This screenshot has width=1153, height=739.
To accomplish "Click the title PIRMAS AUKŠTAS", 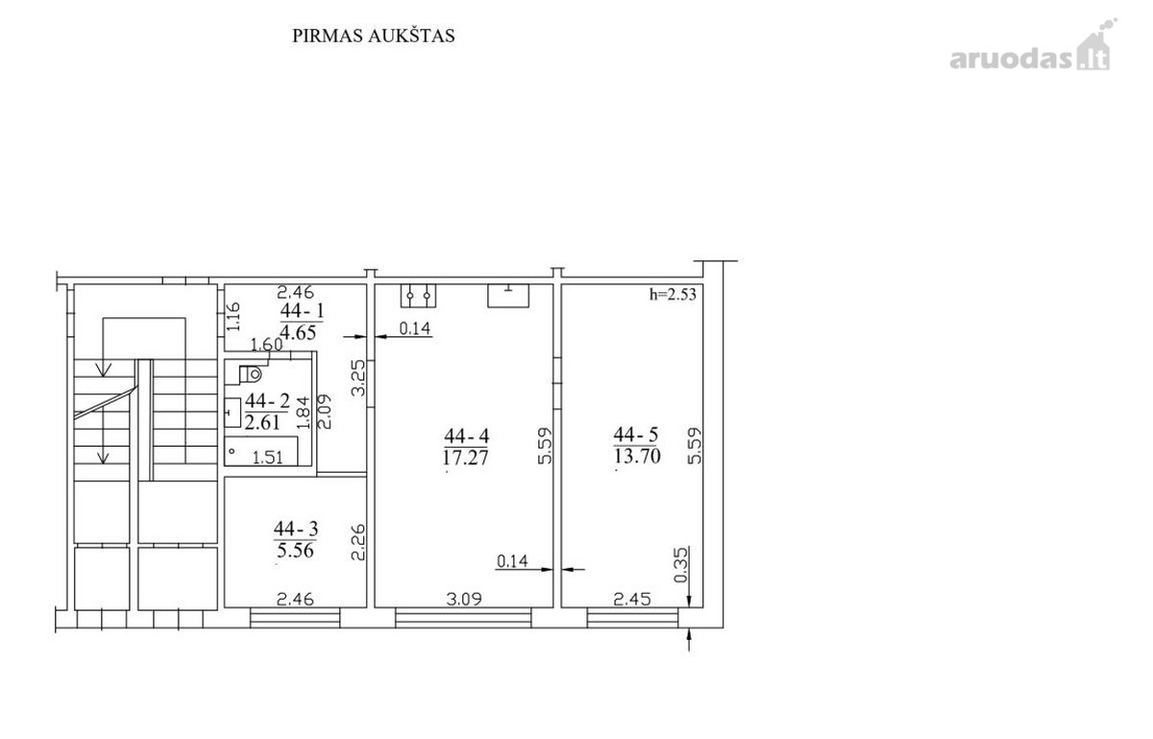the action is pos(373,37).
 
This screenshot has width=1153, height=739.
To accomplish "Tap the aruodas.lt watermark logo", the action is pos(1033,46).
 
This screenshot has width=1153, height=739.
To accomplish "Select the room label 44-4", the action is pos(466,436).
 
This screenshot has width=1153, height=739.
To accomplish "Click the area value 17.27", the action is pos(466,457).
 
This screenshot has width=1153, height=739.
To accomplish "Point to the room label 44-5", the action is pos(636,435).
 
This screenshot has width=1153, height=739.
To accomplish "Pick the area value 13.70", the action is pos(637,456).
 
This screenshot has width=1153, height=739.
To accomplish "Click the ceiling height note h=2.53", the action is pos(673,295).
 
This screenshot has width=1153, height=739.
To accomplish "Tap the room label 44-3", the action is pos(296,529).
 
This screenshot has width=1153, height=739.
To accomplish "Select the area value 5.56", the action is pos(296,550).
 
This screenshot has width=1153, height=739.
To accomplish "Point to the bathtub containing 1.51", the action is pos(262,451).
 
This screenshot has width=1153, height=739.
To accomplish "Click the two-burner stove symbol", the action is pos(418,296).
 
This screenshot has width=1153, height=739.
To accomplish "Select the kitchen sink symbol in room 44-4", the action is pos(508,296).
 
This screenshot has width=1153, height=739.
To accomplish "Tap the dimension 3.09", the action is pos(464,599).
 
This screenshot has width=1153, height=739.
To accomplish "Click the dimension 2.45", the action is pos(632,599).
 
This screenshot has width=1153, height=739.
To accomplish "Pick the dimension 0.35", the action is pos(680,565).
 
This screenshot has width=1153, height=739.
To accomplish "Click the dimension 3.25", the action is pos(358,378).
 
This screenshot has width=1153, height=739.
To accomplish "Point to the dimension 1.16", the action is pos(233,317).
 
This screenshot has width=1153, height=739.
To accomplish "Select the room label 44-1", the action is pos(303,311).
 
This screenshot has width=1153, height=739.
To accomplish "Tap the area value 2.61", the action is pos(262,423).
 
